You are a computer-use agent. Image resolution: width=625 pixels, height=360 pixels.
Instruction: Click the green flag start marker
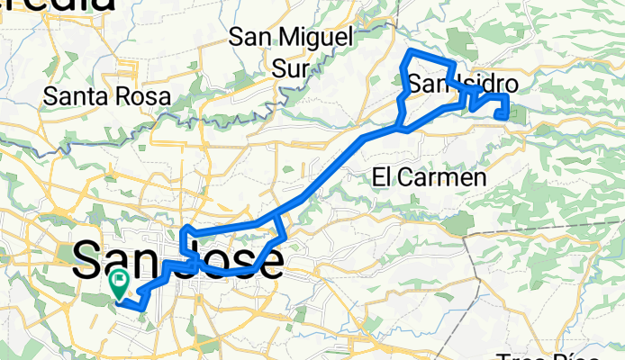tap(119, 285)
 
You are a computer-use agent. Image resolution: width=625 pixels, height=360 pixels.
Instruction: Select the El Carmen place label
tap(429, 178)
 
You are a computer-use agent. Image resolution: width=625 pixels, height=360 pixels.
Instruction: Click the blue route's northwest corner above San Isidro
tap(410, 55)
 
